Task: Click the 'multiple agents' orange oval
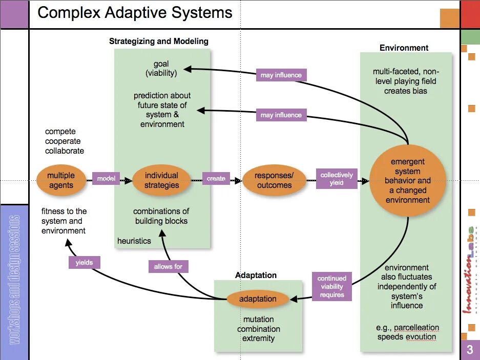61,180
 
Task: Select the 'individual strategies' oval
161,180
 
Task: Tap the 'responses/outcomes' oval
274,180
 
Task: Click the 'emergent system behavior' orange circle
408,181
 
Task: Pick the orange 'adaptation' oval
258,299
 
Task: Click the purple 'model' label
106,179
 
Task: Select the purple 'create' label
216,179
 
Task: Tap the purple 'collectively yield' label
337,179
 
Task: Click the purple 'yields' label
84,262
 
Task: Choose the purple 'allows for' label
168,266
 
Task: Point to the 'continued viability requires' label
331,287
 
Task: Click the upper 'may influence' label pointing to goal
281,75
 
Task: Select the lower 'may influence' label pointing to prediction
281,115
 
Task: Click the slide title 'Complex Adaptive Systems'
135,13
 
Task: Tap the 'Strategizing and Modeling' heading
159,41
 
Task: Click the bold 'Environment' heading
404,48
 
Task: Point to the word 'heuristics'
134,241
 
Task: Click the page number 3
470,350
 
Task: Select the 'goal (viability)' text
161,68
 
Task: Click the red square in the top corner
470,14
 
